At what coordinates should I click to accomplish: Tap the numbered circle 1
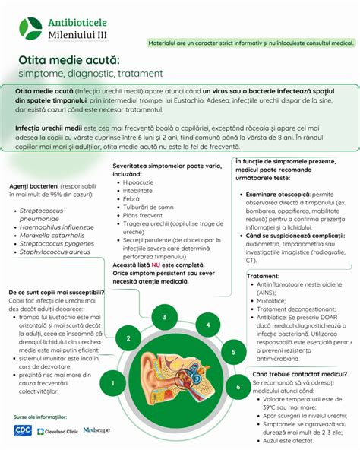click(112, 383)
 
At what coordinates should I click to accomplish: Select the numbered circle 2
click(129, 338)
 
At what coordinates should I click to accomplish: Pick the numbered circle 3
click(164, 318)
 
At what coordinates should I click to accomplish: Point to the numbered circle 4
click(207, 325)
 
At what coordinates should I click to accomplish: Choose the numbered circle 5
click(234, 352)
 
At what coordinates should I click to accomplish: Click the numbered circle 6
click(238, 387)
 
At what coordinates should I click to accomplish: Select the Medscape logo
click(96, 430)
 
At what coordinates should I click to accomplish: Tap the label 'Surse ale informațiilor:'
click(40, 417)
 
